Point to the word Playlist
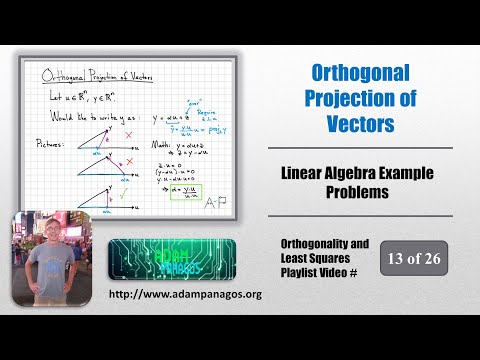pyautogui.click(x=304, y=275)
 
